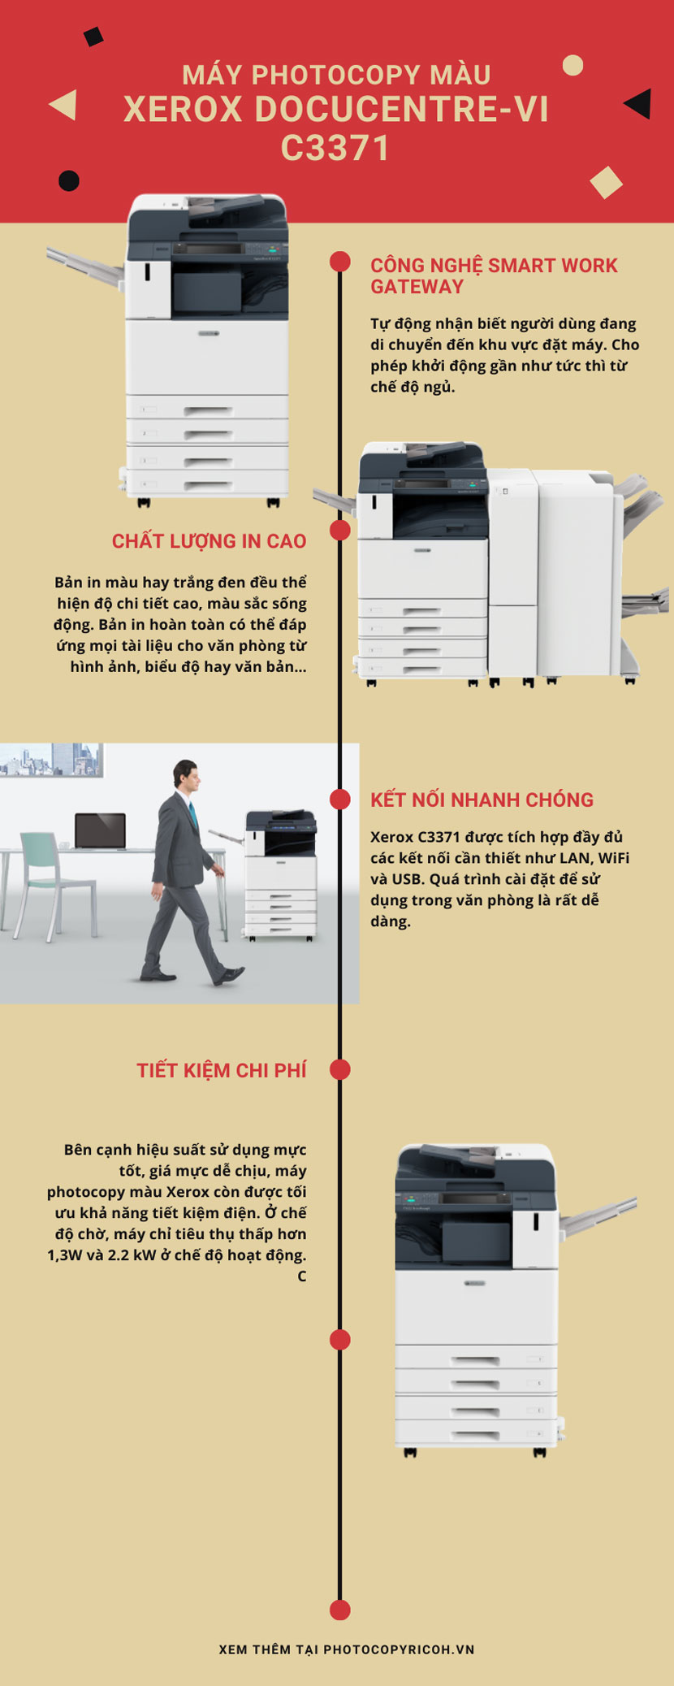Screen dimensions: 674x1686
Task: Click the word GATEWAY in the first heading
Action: (x=417, y=287)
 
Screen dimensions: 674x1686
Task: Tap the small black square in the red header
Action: (x=94, y=37)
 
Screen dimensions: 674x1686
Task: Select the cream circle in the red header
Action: (x=573, y=65)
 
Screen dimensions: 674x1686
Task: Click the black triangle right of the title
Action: (x=638, y=103)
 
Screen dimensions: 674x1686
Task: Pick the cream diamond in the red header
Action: (x=606, y=182)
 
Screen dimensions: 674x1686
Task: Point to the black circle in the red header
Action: (x=69, y=180)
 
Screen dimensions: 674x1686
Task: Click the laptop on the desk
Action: (x=100, y=831)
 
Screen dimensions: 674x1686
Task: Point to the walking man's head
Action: (x=186, y=778)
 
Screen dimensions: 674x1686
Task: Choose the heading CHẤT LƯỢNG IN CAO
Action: (x=210, y=541)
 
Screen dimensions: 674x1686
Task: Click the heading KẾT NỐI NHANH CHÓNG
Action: (x=482, y=800)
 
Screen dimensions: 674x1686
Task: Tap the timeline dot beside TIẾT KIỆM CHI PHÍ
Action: (x=340, y=1069)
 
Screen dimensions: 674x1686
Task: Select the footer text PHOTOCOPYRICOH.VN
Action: (x=399, y=1649)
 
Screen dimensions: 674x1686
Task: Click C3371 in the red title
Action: (x=336, y=148)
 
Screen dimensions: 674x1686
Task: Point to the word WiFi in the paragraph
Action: (x=613, y=858)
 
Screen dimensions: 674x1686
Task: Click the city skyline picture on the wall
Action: (x=51, y=760)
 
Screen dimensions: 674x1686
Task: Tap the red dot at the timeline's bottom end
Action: (x=340, y=1610)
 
